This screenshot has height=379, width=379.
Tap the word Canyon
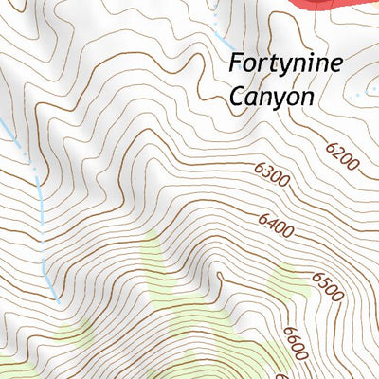[272, 97]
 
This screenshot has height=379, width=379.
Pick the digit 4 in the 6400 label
[273, 220]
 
